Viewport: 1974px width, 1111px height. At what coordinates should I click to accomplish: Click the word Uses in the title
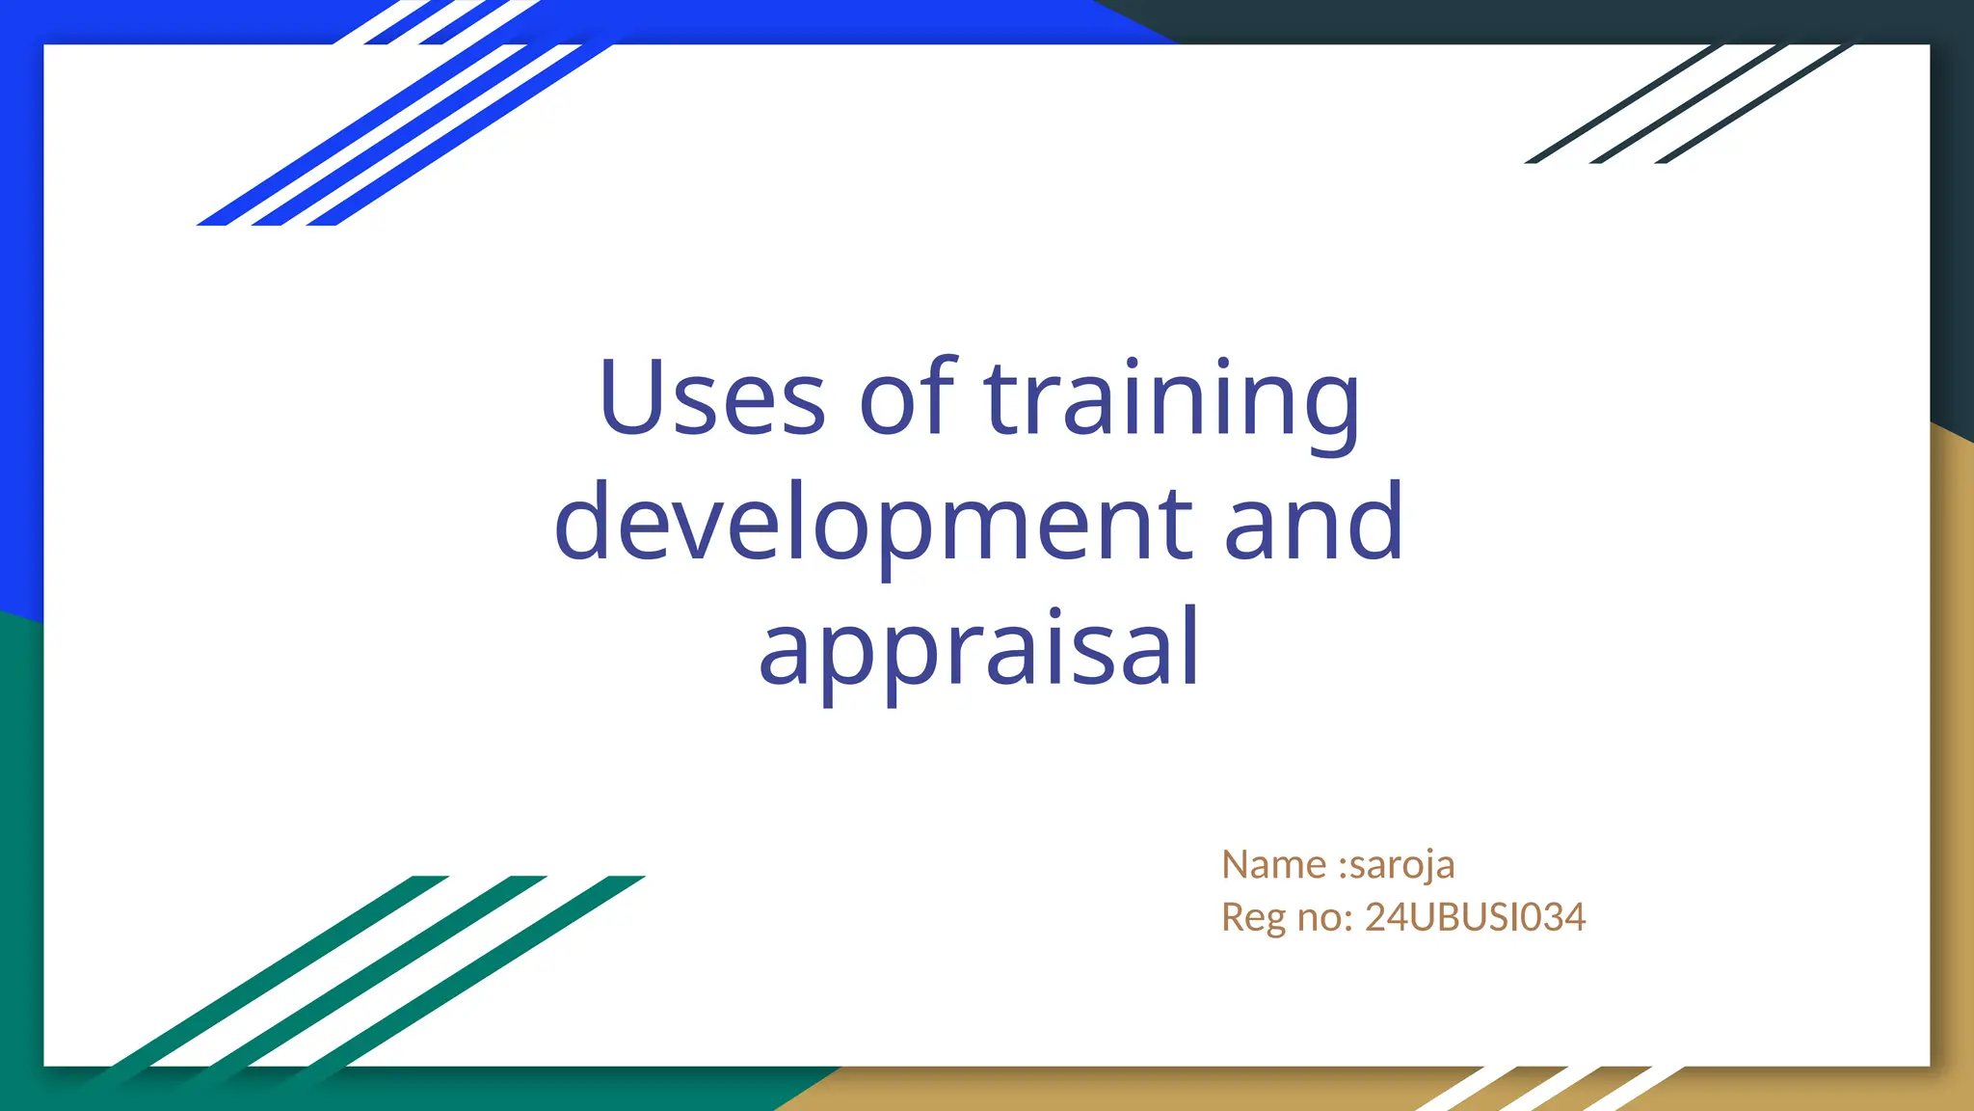pyautogui.click(x=711, y=397)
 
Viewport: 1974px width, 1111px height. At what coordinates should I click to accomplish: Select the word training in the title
pyautogui.click(x=1171, y=399)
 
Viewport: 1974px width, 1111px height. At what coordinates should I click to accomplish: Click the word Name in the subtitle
pyautogui.click(x=1273, y=864)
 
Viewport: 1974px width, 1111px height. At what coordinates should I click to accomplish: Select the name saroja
pyautogui.click(x=1402, y=866)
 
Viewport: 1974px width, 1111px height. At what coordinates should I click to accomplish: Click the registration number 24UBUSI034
pyautogui.click(x=1475, y=917)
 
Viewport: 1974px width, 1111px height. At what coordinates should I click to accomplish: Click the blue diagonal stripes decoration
pyautogui.click(x=405, y=125)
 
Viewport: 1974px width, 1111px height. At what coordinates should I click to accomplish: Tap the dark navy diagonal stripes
pyautogui.click(x=1687, y=104)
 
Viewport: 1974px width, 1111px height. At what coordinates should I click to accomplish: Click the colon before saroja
pyautogui.click(x=1344, y=866)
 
